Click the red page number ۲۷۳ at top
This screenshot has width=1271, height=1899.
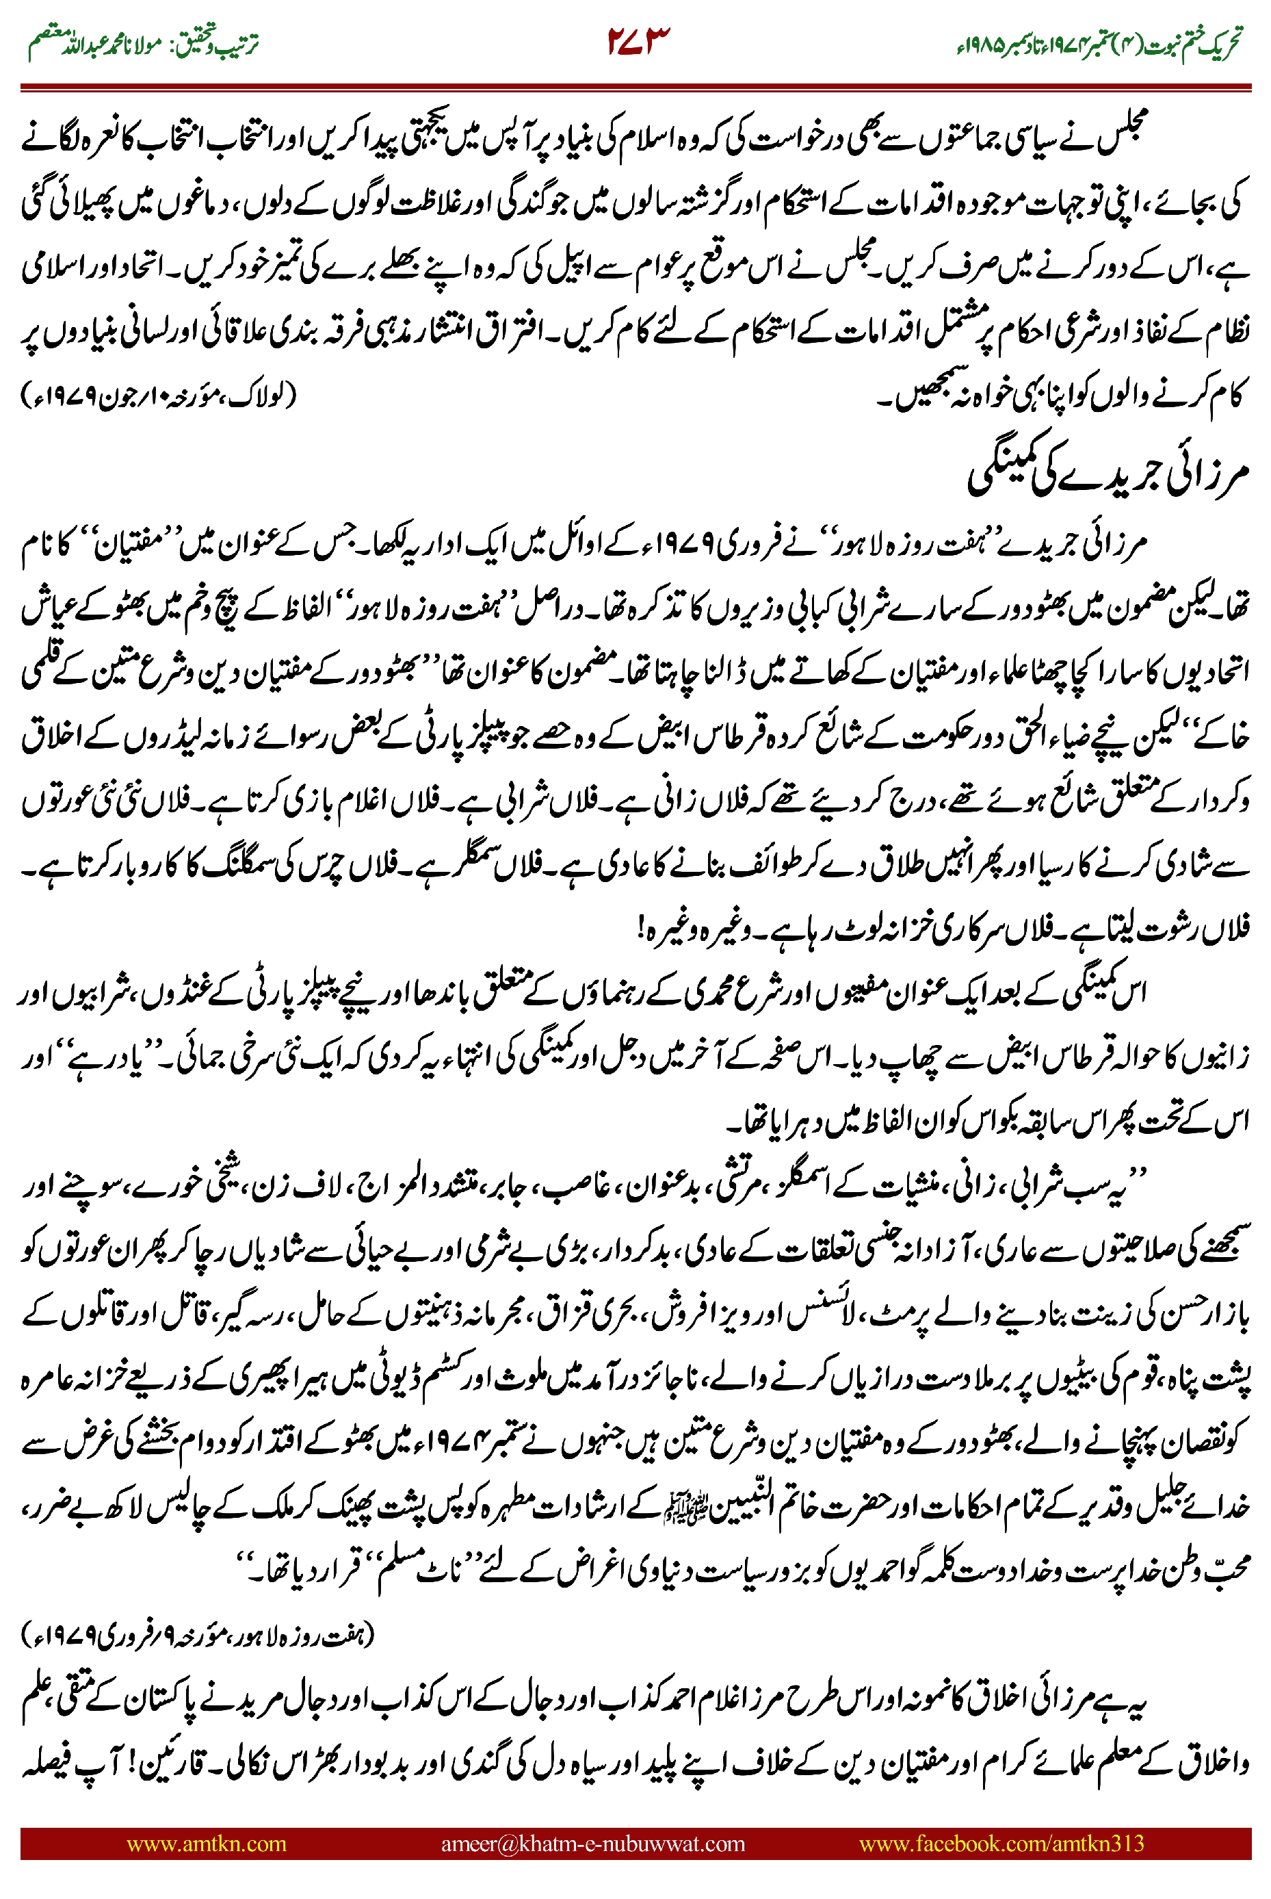pos(639,42)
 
